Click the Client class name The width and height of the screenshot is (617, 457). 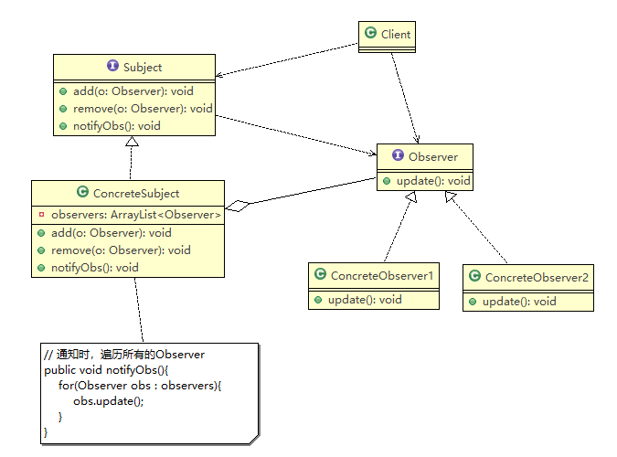[395, 35]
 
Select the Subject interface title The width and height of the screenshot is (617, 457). [142, 67]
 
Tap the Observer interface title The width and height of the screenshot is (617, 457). [432, 157]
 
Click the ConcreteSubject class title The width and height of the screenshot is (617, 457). [136, 193]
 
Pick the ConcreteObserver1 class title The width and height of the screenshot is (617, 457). [382, 275]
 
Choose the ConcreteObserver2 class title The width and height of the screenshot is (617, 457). [537, 277]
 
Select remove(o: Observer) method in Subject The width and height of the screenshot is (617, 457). [142, 109]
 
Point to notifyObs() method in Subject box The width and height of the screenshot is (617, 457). [117, 125]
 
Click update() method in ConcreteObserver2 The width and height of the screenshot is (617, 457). [519, 301]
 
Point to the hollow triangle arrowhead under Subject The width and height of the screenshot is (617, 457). [133, 142]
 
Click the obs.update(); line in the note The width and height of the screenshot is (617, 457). [109, 400]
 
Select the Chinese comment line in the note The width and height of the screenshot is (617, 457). [124, 355]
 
